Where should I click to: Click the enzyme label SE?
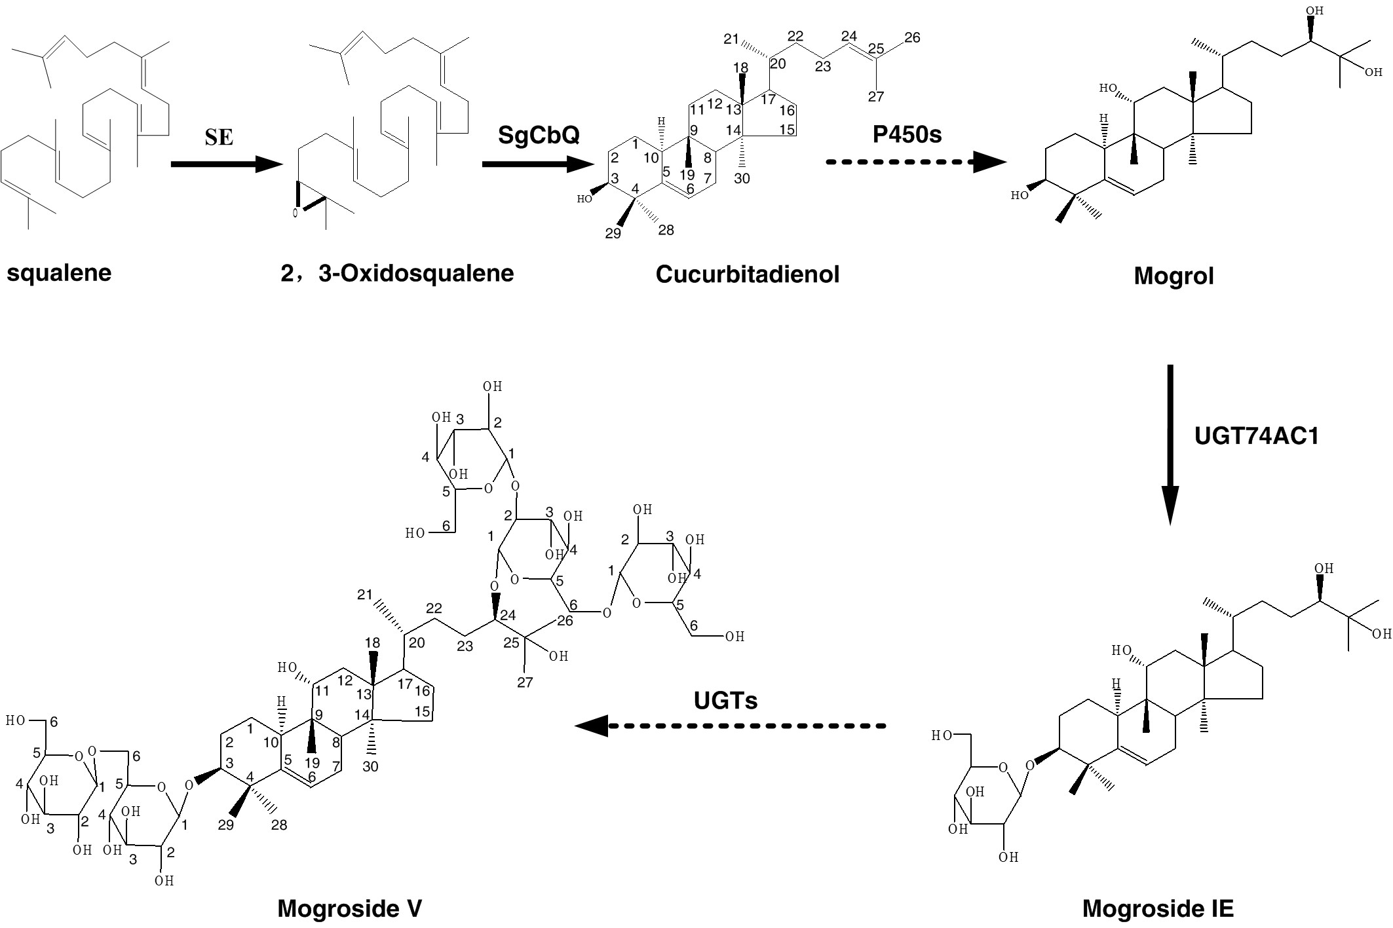[x=219, y=138]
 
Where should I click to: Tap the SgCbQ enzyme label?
[x=539, y=136]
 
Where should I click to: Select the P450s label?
[x=907, y=134]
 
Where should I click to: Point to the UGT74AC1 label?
[x=1256, y=436]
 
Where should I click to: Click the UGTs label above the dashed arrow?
[x=725, y=701]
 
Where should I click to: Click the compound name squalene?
[x=59, y=273]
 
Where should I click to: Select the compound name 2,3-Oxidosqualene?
[x=397, y=273]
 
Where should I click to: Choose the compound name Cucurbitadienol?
[x=747, y=274]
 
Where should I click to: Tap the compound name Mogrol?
[x=1174, y=276]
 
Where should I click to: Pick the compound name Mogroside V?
[x=349, y=908]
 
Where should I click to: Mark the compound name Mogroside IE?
[x=1158, y=908]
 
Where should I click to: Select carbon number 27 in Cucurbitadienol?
[x=876, y=97]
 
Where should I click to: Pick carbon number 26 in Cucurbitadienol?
[x=912, y=38]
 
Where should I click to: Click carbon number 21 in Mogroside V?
[x=365, y=595]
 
